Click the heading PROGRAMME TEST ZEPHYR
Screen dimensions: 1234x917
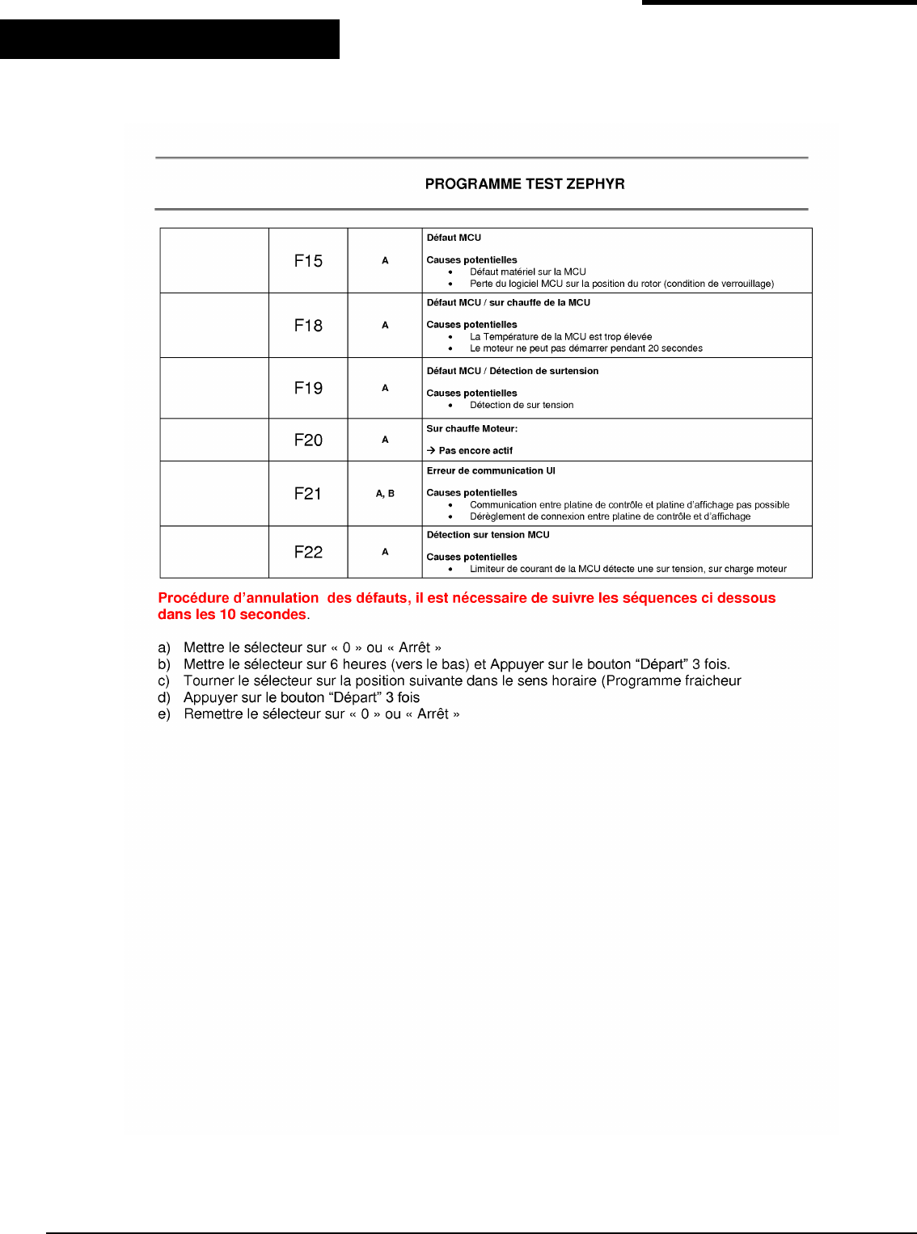tap(525, 184)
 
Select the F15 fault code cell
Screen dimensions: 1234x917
tap(308, 261)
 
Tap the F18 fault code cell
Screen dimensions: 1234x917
tap(308, 326)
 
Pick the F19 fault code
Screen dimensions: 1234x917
tap(308, 388)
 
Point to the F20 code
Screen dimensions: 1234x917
tap(308, 440)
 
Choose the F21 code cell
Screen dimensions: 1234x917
tap(308, 494)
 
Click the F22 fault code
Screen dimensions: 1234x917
tap(308, 552)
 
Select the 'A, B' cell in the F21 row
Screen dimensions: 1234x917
tap(385, 494)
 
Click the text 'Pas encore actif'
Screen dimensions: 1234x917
tap(475, 451)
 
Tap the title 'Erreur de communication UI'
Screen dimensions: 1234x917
tap(491, 470)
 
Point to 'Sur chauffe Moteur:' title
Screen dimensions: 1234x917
tap(472, 428)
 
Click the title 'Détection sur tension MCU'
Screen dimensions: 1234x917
tap(488, 535)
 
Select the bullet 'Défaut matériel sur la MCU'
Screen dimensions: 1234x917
tap(527, 272)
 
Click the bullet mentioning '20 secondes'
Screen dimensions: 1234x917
tap(585, 349)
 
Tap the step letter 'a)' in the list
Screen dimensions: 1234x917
tap(164, 648)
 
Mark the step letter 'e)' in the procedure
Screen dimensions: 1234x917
tap(164, 714)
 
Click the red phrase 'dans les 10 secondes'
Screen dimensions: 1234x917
tap(232, 615)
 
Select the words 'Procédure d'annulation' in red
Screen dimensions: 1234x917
tap(239, 598)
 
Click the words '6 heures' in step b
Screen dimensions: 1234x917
tap(358, 664)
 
